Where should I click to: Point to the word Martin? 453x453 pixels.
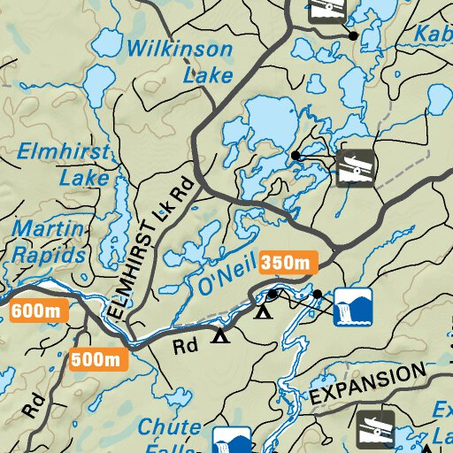(48, 231)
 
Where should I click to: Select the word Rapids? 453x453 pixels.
(48, 255)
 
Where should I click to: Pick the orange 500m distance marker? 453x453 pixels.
(98, 359)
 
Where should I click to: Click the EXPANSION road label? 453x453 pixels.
(365, 384)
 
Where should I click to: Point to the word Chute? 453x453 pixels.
(169, 427)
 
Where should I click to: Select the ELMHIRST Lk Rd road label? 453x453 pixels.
(147, 253)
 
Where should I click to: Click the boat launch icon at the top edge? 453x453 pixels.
(326, 10)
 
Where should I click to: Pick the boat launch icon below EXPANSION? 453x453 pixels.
(375, 428)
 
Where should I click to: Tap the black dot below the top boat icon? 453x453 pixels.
(353, 36)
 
